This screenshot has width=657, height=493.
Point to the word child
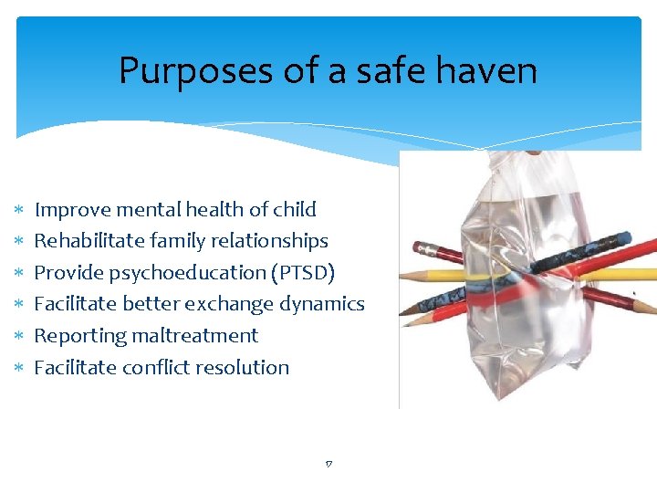[x=295, y=210]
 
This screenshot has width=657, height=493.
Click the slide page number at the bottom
[x=328, y=465]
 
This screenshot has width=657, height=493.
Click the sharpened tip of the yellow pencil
[x=404, y=275]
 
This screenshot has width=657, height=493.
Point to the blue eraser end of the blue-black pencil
[x=622, y=239]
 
